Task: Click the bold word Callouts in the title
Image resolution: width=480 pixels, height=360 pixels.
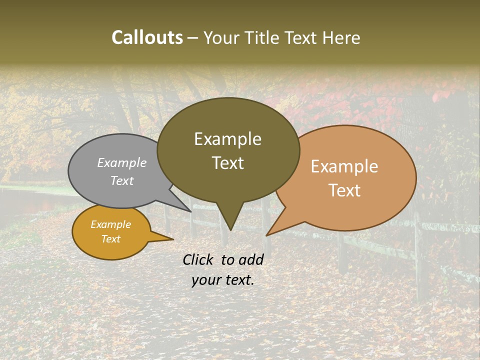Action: (147, 37)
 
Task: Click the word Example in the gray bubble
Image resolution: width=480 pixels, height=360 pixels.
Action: (122, 162)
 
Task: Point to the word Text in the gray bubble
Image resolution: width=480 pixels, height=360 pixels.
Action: (122, 180)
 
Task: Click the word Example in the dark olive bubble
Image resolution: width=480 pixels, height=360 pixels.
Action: (227, 139)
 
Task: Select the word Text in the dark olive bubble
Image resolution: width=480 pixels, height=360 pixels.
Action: (228, 163)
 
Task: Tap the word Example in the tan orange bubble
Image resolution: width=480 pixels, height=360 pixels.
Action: (344, 166)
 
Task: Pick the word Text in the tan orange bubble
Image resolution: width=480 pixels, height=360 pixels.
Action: (345, 190)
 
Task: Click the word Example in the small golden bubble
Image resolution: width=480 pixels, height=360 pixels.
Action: (111, 224)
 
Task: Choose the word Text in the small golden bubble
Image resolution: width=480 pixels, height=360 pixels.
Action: (111, 239)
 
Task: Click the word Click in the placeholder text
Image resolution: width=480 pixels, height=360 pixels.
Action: (199, 259)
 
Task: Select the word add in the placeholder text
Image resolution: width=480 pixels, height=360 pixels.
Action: (251, 259)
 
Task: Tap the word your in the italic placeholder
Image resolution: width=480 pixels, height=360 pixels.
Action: (206, 280)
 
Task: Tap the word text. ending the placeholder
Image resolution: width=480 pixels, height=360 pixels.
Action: (239, 280)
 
